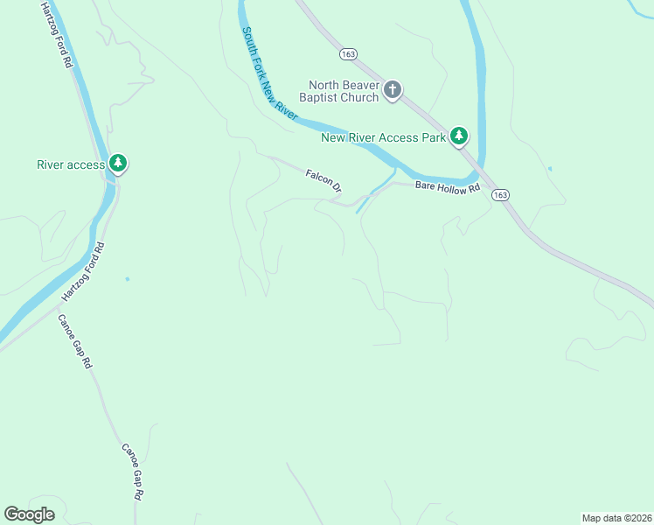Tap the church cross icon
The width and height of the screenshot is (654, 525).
click(393, 89)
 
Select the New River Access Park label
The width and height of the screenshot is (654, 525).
click(383, 136)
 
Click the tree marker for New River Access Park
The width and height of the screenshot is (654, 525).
click(459, 136)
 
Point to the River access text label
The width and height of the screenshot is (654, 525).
click(71, 164)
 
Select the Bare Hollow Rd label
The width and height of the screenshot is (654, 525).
click(448, 187)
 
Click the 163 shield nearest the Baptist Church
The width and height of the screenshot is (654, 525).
click(349, 53)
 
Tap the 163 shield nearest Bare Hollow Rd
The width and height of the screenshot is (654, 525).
click(499, 195)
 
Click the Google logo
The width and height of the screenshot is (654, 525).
click(30, 514)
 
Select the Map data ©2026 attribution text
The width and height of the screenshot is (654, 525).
click(616, 517)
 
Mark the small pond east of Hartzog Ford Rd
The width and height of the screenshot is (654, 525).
click(128, 279)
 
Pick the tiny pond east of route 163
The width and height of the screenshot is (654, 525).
click(549, 168)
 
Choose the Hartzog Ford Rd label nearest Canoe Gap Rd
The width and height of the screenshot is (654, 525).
click(83, 272)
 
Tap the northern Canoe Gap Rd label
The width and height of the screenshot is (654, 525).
click(75, 342)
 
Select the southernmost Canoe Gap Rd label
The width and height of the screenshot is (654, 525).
click(132, 471)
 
